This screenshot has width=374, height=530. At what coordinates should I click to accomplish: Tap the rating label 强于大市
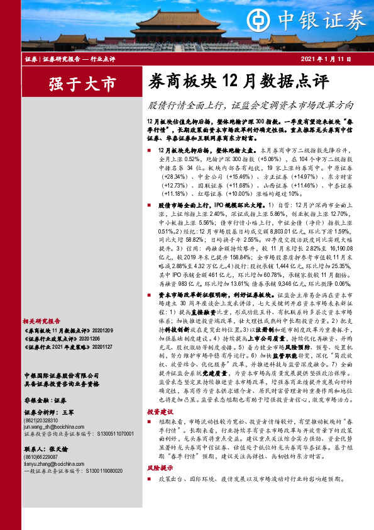coord(82,83)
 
